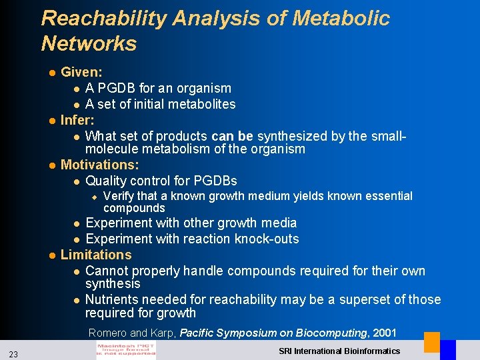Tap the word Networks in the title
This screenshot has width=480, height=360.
(89, 44)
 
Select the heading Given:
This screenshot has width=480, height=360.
(81, 72)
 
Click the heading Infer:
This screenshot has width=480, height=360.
(77, 121)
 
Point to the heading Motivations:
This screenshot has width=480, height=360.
(100, 165)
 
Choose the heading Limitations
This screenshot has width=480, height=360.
(96, 255)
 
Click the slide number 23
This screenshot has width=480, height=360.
(14, 352)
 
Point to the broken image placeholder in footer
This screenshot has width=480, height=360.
(126, 351)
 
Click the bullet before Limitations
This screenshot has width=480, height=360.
(52, 255)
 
